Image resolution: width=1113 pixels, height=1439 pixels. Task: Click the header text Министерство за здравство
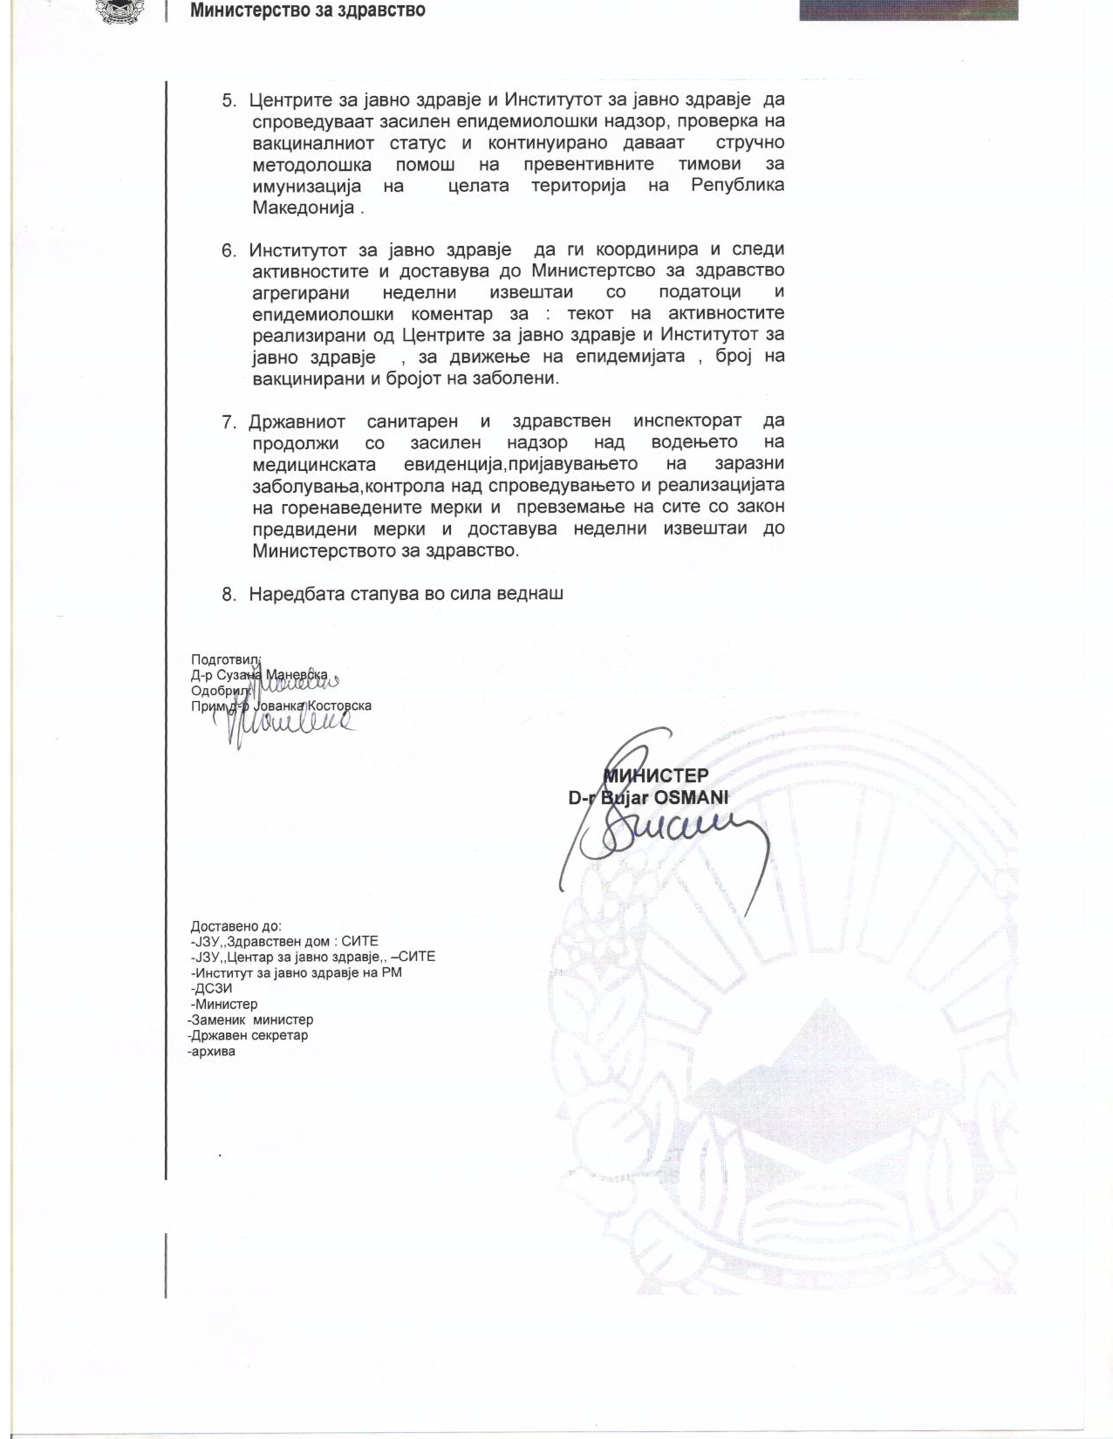pyautogui.click(x=307, y=11)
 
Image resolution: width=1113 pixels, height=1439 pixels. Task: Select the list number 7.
pyautogui.click(x=229, y=422)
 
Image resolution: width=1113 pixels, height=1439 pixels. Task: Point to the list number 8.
pyautogui.click(x=229, y=595)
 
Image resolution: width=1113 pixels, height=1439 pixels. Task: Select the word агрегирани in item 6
pyautogui.click(x=300, y=293)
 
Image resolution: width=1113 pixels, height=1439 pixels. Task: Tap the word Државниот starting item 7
pyautogui.click(x=296, y=422)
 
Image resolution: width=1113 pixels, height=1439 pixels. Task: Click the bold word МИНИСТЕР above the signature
pyautogui.click(x=656, y=774)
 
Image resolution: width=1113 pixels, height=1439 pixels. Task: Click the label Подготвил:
pyautogui.click(x=220, y=660)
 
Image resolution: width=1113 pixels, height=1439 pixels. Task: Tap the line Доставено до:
pyautogui.click(x=236, y=926)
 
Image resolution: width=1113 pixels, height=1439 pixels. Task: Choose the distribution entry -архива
pyautogui.click(x=211, y=1051)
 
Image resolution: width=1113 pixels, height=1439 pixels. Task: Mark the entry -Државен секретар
pyautogui.click(x=248, y=1035)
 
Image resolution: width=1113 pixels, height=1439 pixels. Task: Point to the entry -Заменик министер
pyautogui.click(x=250, y=1020)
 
